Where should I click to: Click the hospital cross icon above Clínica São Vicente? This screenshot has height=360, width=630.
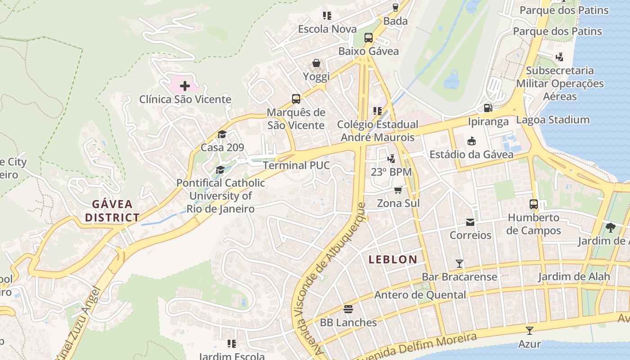point(184,85)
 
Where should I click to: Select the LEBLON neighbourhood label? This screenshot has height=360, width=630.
point(393,259)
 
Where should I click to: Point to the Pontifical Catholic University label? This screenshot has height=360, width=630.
point(220,196)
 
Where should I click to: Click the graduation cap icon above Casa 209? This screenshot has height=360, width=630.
point(222,135)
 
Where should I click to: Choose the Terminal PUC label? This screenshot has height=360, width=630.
point(297,165)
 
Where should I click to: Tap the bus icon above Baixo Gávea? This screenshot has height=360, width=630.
point(369,38)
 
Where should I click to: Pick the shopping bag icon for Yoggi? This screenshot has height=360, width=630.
point(316,63)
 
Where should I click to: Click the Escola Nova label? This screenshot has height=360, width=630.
point(327,29)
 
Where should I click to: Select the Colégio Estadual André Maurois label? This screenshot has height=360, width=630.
point(378,130)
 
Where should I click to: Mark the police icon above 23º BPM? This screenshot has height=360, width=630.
point(391,158)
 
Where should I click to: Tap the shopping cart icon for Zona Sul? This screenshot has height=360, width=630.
point(398,190)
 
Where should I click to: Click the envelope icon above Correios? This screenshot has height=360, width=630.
point(470,222)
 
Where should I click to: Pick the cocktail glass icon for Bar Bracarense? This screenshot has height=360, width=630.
point(459,263)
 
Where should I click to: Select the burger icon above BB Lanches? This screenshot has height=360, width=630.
point(348,309)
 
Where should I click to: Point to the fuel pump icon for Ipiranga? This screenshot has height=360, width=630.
point(488,108)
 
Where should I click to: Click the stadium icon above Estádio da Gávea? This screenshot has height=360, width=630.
point(471,141)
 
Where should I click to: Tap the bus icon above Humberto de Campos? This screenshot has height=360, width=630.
point(534,204)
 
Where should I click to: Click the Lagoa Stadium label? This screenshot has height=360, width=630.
point(553,120)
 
